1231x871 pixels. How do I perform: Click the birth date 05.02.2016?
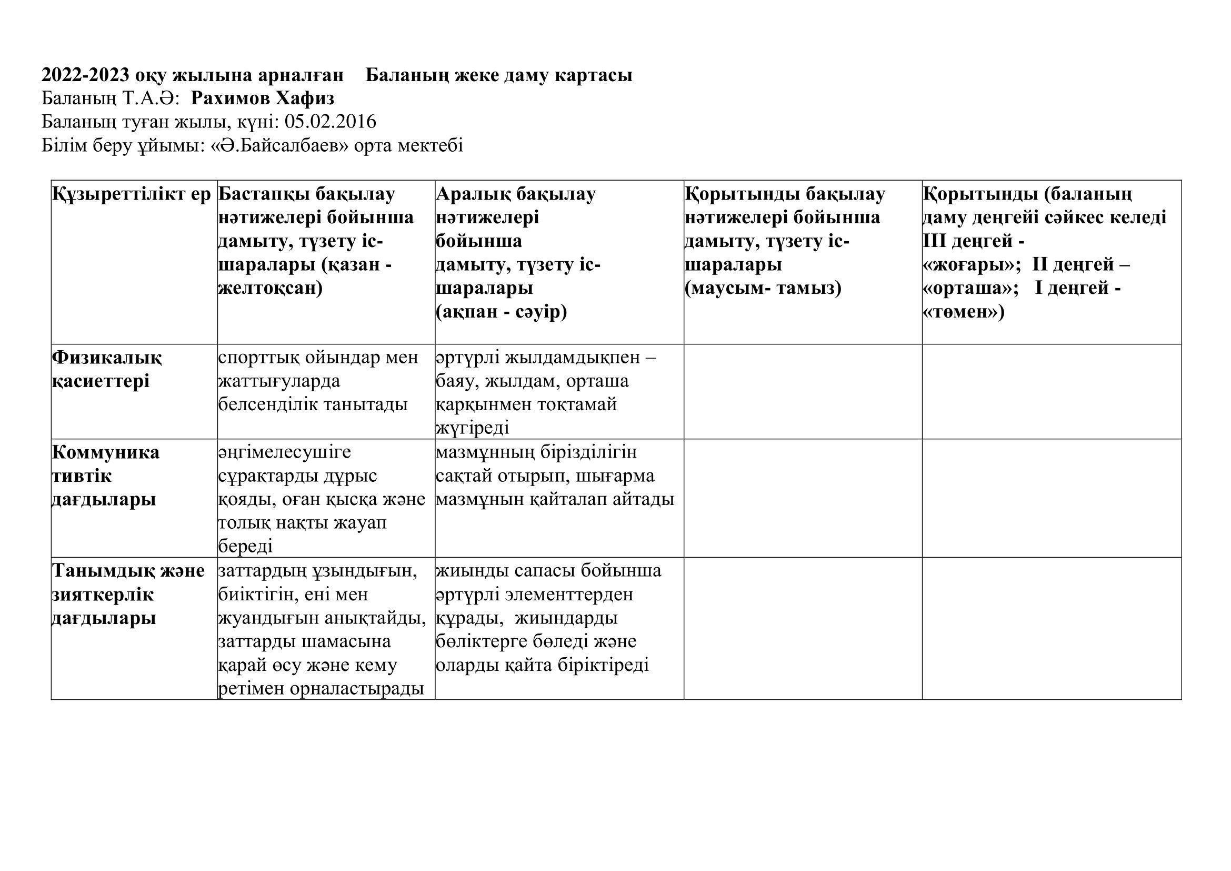click(331, 122)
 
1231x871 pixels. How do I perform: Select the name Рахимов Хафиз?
click(262, 98)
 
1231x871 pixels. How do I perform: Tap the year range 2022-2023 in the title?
click(86, 75)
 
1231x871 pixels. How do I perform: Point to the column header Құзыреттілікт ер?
click(132, 194)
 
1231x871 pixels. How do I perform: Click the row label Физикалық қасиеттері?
click(107, 369)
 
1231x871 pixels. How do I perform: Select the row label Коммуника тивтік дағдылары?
click(106, 476)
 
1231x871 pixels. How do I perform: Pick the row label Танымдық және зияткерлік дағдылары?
click(128, 594)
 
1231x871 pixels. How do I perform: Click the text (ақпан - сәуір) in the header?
click(502, 312)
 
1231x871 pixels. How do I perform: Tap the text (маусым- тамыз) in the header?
click(763, 288)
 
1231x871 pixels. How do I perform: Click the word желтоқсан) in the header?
click(270, 288)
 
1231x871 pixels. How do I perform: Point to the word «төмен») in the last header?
click(964, 312)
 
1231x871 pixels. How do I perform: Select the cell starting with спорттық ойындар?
click(318, 381)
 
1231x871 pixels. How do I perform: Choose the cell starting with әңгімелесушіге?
click(322, 499)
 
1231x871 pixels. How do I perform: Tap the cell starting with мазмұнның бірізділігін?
click(555, 476)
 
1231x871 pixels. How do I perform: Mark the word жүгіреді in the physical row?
click(472, 428)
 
